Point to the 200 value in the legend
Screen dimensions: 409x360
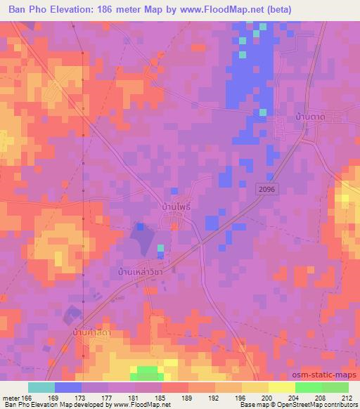(269, 398)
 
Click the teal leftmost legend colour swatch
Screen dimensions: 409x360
(41, 387)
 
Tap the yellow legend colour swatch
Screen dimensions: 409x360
(282, 387)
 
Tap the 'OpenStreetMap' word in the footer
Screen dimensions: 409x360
(295, 405)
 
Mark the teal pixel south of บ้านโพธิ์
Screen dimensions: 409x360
(160, 247)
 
